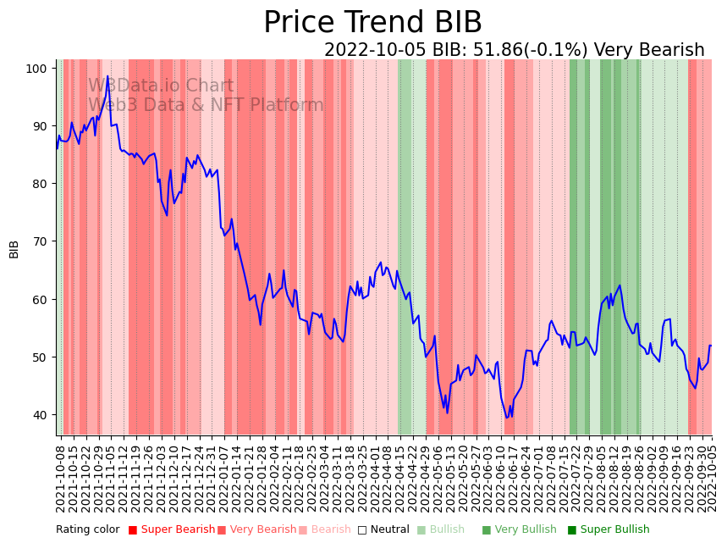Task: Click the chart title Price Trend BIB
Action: pyautogui.click(x=372, y=23)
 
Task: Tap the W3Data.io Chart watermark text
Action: pyautogui.click(x=161, y=86)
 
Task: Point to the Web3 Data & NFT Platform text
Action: pyautogui.click(x=206, y=105)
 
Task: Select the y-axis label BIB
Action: pyautogui.click(x=14, y=249)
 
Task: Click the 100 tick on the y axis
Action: pyautogui.click(x=37, y=68)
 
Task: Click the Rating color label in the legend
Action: pyautogui.click(x=88, y=529)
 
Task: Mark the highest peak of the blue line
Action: pyautogui.click(x=107, y=76)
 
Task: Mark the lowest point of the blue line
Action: pyautogui.click(x=507, y=417)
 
